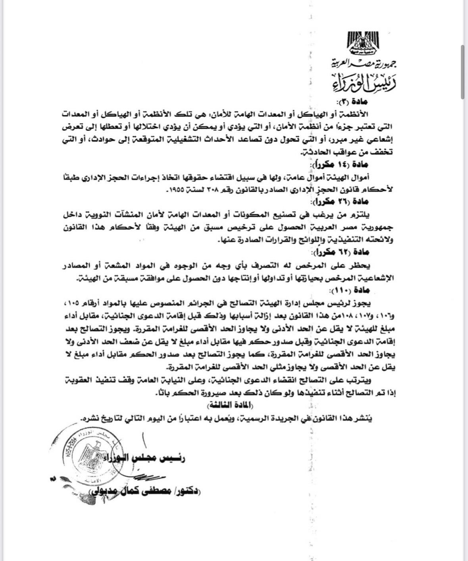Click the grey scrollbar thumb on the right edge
(x=462, y=72)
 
